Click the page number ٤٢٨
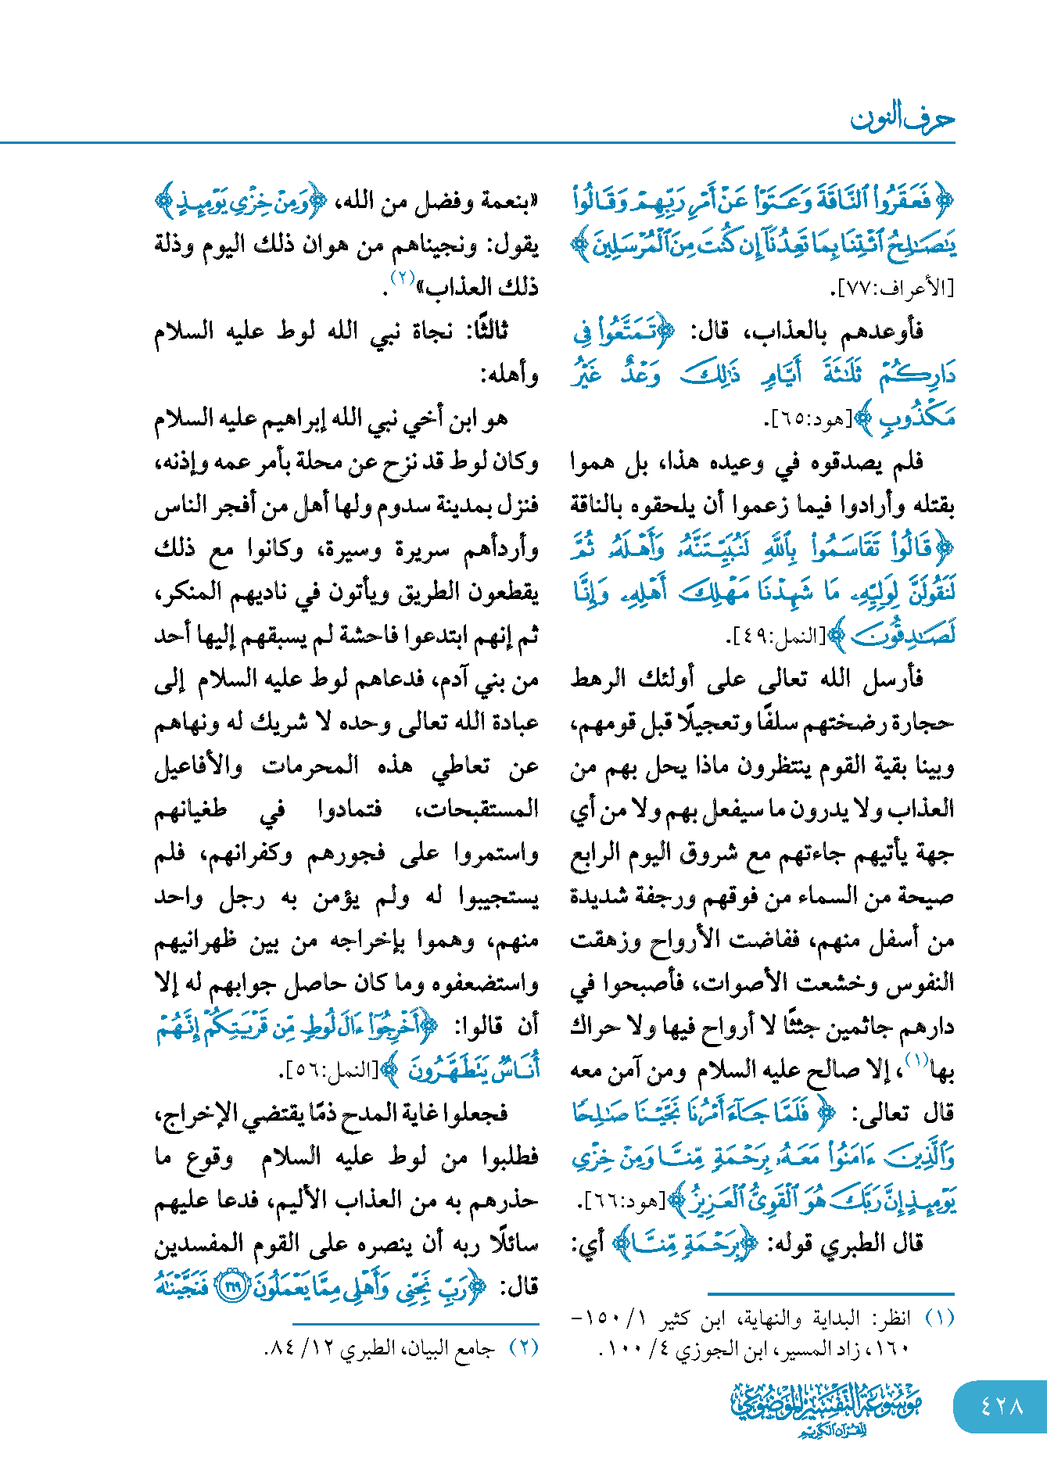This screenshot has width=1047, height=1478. click(1002, 1405)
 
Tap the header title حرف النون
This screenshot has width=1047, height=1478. click(902, 119)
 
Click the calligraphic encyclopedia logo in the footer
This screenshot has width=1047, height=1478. click(827, 1408)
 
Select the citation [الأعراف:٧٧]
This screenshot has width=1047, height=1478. click(891, 289)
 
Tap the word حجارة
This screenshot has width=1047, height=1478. click(927, 723)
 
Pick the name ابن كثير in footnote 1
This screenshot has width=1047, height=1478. click(686, 1319)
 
